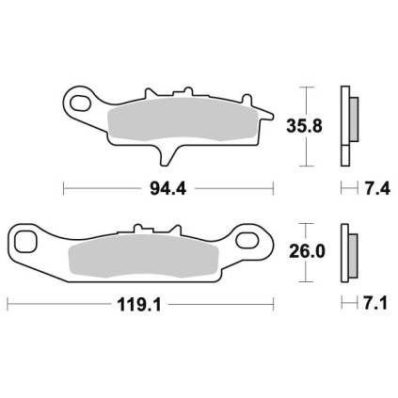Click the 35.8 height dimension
304,126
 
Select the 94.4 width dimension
168,189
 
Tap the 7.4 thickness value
377,189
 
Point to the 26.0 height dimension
307,251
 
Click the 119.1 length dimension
139,304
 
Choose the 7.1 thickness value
375,304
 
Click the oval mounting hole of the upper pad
80,103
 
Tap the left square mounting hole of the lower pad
25,242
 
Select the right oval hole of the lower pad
247,240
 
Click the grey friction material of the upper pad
183,119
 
